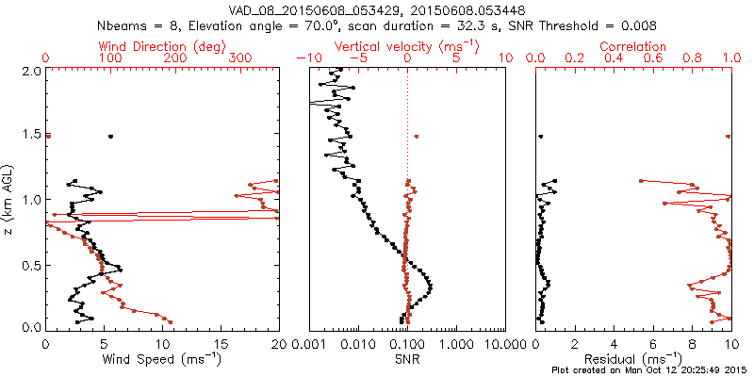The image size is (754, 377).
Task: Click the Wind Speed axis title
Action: [161, 358]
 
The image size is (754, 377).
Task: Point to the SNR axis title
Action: [406, 358]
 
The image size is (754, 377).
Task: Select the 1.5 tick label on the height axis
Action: [30, 136]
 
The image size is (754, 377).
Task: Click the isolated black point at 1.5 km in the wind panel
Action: [111, 137]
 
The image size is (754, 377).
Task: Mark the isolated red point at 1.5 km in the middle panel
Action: [417, 137]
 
